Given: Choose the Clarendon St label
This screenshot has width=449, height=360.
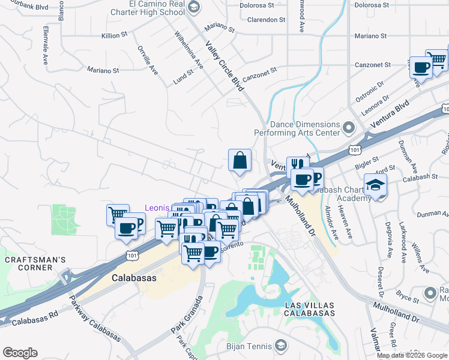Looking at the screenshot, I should (x=266, y=20).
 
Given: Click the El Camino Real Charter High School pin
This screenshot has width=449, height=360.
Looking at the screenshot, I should (x=193, y=7).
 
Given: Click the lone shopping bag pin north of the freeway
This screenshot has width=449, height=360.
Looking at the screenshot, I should (x=240, y=160).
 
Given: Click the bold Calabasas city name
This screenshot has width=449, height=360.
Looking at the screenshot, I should (x=134, y=278).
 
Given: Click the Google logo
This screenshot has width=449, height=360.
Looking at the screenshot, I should (x=20, y=352).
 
